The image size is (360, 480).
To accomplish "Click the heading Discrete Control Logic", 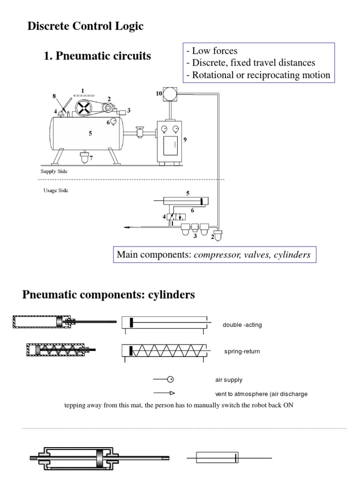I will click(x=85, y=27).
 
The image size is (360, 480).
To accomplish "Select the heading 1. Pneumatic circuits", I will click(x=97, y=56).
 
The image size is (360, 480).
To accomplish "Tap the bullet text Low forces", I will click(x=211, y=51).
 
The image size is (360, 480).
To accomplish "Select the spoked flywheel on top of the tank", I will click(x=83, y=108).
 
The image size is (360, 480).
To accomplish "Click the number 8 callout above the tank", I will click(x=54, y=95).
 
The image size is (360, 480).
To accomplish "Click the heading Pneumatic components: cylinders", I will click(x=109, y=295).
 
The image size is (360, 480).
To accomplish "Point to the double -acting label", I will click(x=242, y=325).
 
